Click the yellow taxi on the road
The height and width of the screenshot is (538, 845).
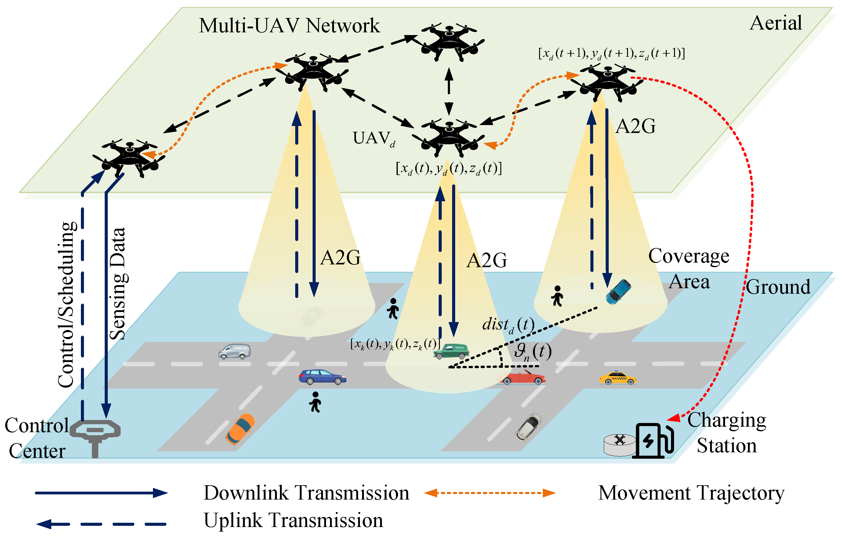[x=617, y=378]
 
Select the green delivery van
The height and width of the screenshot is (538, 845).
[x=451, y=351]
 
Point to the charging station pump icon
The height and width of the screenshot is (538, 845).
[x=654, y=441]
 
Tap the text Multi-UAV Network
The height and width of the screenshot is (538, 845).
[x=289, y=26]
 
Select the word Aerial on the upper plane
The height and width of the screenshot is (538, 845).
[x=775, y=23]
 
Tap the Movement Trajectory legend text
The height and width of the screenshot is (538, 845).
[x=691, y=493]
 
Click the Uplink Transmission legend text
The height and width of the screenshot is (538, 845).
[x=293, y=521]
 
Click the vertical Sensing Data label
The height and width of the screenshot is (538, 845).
[x=118, y=284]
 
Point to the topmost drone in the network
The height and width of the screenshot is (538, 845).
[x=449, y=41]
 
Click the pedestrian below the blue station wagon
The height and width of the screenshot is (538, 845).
[x=315, y=402]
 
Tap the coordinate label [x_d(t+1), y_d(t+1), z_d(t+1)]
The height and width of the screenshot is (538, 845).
[x=611, y=53]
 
